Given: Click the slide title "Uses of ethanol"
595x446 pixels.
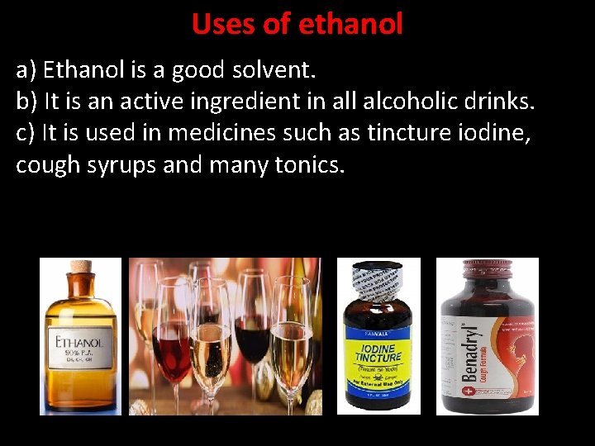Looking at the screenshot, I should (x=297, y=24).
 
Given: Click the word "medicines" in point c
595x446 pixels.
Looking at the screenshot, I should (x=222, y=133).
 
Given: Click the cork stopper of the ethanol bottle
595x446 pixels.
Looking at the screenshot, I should (x=81, y=269).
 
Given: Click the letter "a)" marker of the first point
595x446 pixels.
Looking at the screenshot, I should (x=26, y=70).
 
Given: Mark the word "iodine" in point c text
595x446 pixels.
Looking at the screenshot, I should (x=492, y=133).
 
